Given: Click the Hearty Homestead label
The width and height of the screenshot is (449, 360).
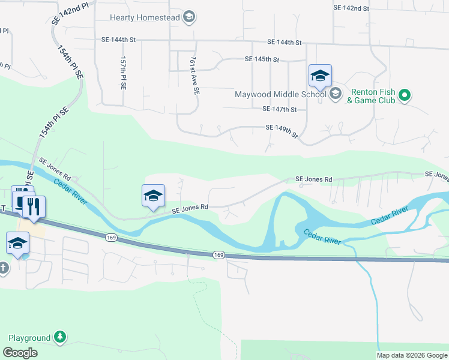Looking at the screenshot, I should pyautogui.click(x=141, y=17).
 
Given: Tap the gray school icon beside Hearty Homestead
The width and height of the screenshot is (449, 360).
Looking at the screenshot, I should pyautogui.click(x=189, y=17).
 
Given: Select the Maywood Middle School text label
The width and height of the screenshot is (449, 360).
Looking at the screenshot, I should pyautogui.click(x=280, y=94).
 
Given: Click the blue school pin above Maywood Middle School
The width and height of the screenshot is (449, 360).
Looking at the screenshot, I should pyautogui.click(x=320, y=77).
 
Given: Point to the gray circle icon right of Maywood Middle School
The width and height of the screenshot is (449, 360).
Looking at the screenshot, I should pyautogui.click(x=335, y=93).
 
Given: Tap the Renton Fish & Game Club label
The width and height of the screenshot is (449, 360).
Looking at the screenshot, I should pyautogui.click(x=372, y=96).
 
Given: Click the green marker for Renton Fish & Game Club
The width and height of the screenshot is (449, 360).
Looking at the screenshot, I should pyautogui.click(x=405, y=95).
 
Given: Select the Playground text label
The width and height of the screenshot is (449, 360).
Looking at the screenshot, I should pyautogui.click(x=29, y=338).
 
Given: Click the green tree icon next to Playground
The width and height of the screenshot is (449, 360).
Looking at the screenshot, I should pyautogui.click(x=59, y=337).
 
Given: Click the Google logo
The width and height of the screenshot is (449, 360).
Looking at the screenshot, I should pyautogui.click(x=20, y=353).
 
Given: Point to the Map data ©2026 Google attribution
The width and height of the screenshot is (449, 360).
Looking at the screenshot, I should pyautogui.click(x=412, y=355).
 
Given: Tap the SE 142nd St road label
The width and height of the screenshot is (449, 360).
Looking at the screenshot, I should pyautogui.click(x=351, y=8).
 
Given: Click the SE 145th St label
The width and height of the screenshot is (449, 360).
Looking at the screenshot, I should pyautogui.click(x=262, y=59).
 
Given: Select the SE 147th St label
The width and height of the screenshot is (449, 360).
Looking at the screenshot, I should pyautogui.click(x=280, y=109).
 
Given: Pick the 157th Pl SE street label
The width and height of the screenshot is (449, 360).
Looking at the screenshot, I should pyautogui.click(x=123, y=73).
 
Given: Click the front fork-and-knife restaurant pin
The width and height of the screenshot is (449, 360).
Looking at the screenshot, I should pyautogui.click(x=34, y=206).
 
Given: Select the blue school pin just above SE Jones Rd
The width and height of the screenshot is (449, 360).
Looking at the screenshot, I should pyautogui.click(x=153, y=196).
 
